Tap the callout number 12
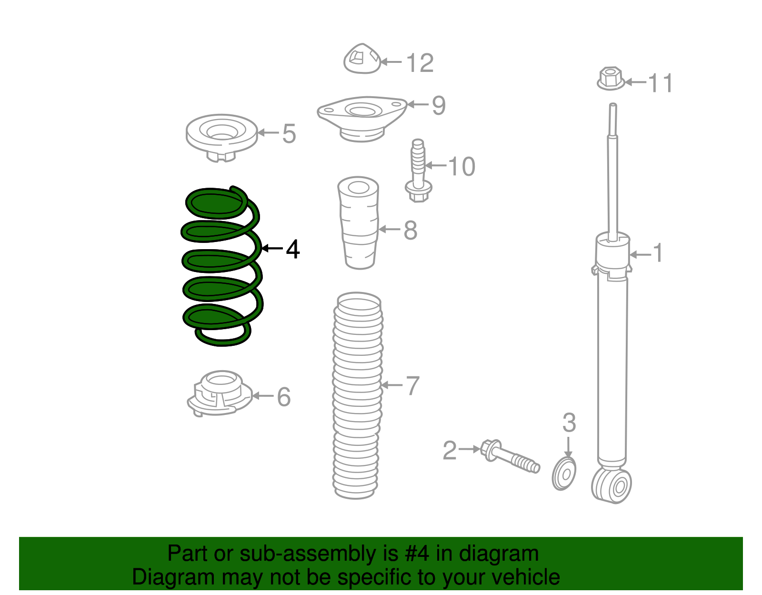tap(420, 63)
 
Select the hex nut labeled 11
tap(611, 79)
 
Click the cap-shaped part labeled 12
tap(362, 59)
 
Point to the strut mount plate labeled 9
tap(362, 118)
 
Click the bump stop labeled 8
tap(359, 222)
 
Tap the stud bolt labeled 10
tap(418, 171)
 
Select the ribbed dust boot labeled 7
tap(357, 395)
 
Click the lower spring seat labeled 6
tap(220, 393)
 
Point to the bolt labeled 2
tap(510, 456)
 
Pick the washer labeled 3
tap(563, 474)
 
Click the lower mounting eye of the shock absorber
tap(611, 485)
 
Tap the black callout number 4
tap(293, 249)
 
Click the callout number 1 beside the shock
tap(657, 252)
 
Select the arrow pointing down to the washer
tap(568, 447)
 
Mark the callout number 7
tap(412, 385)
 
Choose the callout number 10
tap(461, 166)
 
